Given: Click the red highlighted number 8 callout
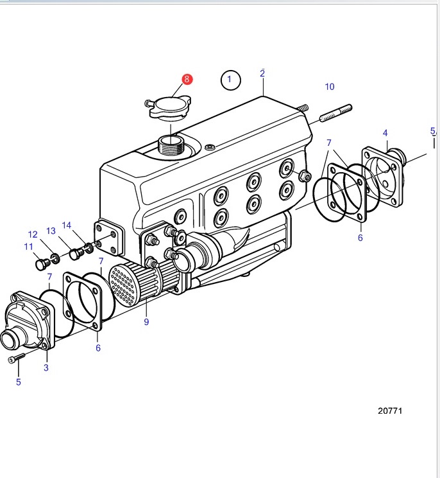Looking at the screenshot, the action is (187, 79).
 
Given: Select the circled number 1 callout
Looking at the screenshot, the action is (230, 80).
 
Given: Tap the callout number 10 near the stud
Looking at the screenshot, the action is (330, 87).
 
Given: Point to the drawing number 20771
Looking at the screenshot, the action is (390, 411).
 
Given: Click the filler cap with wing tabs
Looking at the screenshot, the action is (169, 107).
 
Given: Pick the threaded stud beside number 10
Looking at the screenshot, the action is (335, 113).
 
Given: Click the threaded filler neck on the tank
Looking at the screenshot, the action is (171, 145).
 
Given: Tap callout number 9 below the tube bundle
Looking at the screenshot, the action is (146, 322).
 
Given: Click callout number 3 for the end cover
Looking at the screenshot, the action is (46, 367).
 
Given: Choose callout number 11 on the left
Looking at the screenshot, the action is (29, 247).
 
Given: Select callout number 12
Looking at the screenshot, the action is (33, 235).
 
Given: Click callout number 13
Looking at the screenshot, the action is (51, 231).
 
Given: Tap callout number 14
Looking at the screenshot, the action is (66, 226).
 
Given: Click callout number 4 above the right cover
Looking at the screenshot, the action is (385, 133).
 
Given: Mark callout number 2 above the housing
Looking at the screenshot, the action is (262, 73).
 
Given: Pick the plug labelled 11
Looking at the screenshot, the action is (42, 264).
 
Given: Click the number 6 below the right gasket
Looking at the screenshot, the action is (360, 238).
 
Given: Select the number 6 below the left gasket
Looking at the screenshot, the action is (98, 348).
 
